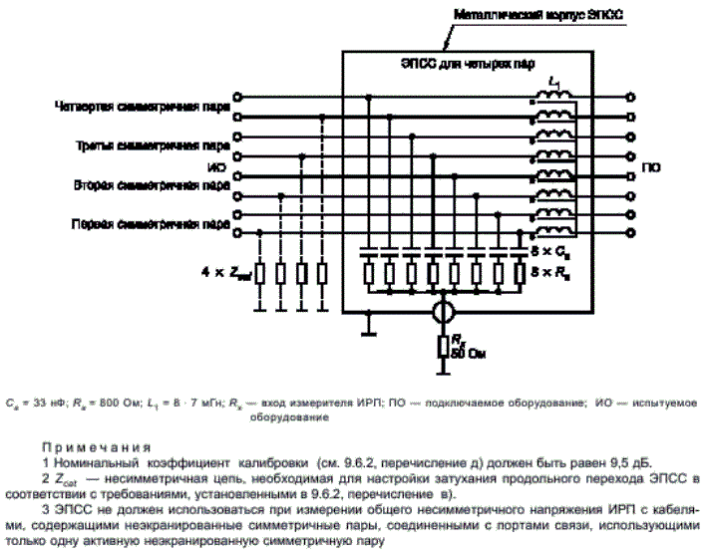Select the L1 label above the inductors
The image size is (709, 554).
tap(554, 81)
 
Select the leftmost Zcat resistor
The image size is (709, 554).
tap(260, 272)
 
